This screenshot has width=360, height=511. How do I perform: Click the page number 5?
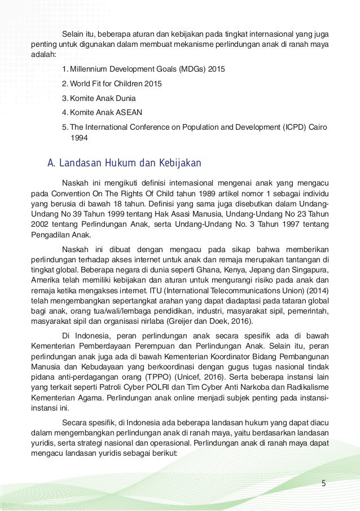[x=323, y=483]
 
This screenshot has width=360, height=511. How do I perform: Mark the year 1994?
[x=78, y=136]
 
